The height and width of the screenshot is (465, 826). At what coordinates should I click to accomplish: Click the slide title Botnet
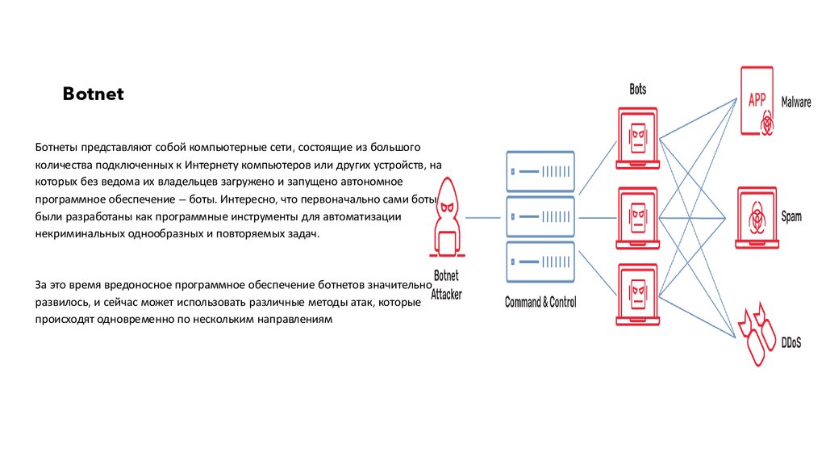point(94,94)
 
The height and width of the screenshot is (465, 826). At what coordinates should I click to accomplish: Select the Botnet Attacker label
point(446,284)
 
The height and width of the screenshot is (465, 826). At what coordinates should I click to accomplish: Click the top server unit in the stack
point(540,171)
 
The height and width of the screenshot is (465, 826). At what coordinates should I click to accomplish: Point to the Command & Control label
point(540,303)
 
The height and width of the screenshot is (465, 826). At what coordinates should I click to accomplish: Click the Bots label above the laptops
point(637,89)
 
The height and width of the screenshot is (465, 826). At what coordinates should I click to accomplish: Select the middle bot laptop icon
point(637,217)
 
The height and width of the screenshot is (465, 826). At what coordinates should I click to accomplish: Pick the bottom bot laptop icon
point(637,294)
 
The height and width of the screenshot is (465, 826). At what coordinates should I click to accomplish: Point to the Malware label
point(796,103)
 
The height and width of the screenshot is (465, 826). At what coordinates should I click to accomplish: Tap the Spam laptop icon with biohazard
point(757,217)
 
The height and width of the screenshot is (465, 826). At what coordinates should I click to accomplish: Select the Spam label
point(791,217)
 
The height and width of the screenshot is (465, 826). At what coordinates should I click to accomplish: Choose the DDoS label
point(791,343)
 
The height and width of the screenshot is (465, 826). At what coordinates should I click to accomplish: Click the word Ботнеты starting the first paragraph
point(58,148)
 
